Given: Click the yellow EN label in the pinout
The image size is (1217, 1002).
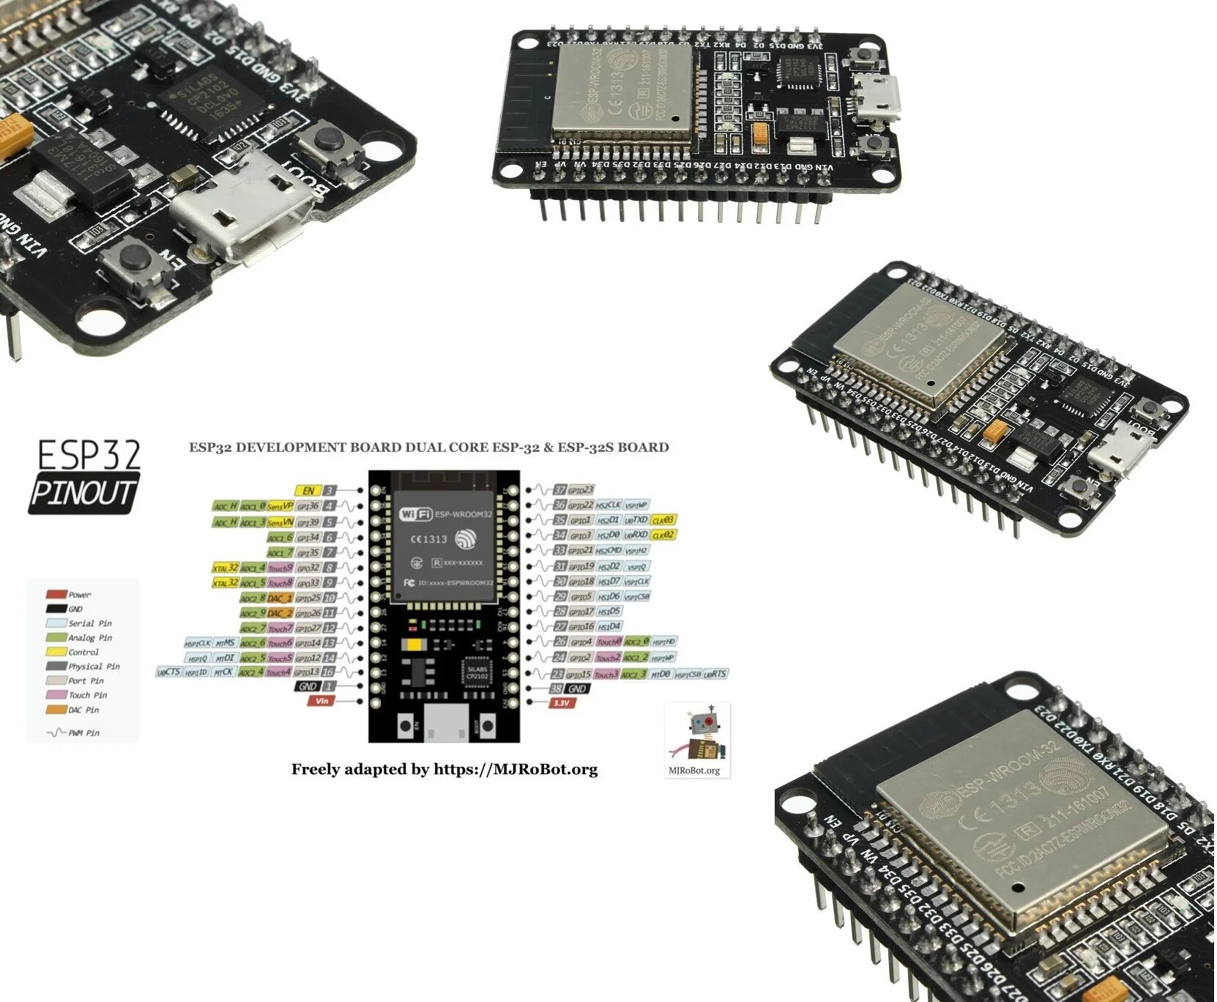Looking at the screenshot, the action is [308, 491].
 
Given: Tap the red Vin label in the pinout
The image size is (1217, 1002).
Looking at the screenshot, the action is [321, 701].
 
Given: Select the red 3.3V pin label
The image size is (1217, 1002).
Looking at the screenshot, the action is [562, 703].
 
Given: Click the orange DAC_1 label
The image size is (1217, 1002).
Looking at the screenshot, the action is [280, 598].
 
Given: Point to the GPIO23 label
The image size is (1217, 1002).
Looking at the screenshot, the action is [581, 490].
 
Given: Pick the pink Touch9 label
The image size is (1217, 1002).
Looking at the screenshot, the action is [280, 568].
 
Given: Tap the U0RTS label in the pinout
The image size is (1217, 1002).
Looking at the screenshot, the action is [715, 674].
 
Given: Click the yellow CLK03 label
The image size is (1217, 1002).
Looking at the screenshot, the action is [663, 520].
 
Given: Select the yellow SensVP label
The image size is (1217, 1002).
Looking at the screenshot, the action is [280, 505].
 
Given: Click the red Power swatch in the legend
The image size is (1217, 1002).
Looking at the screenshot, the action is [56, 594].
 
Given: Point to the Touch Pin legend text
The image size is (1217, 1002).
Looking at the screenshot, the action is [87, 695].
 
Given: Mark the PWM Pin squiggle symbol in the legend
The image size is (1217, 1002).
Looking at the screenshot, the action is [56, 732].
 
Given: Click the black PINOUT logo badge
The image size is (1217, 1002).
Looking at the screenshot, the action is [83, 494].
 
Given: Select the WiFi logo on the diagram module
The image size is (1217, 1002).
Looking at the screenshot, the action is [415, 514].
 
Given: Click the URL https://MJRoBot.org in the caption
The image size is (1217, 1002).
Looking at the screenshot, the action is [516, 770].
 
